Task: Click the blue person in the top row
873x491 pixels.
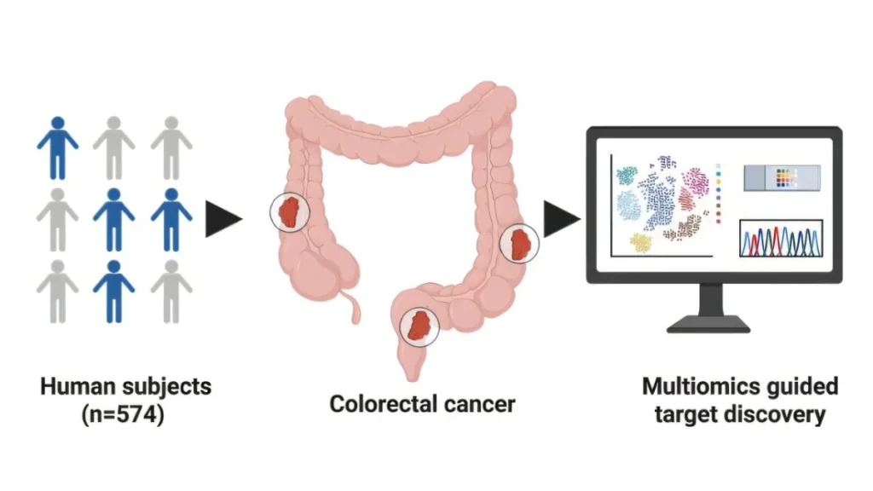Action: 58,148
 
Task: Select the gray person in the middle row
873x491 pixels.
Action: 57,219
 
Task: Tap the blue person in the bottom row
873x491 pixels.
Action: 113,292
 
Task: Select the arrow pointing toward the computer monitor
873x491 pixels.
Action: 562,219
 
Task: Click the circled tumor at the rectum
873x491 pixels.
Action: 419,326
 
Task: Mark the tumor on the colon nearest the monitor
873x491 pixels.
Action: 519,243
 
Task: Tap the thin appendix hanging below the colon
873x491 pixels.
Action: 352,306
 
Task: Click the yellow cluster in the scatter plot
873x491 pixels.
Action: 641,243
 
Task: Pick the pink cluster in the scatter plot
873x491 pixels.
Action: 695,182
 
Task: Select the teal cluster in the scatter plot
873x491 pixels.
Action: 627,175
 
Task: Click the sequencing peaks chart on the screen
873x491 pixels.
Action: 781,239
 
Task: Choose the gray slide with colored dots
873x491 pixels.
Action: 782,177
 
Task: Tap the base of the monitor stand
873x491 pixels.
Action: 708,324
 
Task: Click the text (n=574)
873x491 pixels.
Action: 123,415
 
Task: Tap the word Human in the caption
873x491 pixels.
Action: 78,386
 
